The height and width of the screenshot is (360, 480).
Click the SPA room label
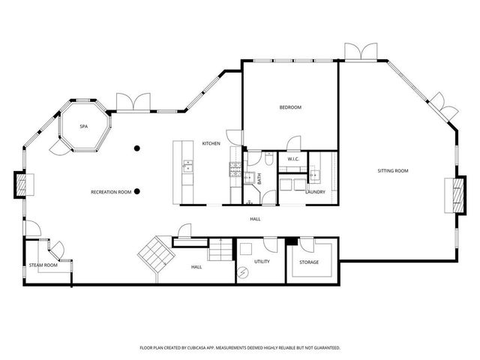pyautogui.click(x=84, y=127)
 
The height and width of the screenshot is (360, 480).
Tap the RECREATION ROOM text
pyautogui.click(x=111, y=192)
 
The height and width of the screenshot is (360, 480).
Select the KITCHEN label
pyautogui.click(x=211, y=143)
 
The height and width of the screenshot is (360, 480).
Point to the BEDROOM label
pyautogui.click(x=290, y=108)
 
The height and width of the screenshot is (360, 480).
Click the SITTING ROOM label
pyautogui.click(x=392, y=172)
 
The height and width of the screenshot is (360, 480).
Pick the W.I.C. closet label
pyautogui.click(x=293, y=159)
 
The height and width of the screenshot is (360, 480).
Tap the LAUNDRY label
pyautogui.click(x=315, y=191)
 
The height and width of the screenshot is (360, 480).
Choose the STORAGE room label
pyautogui.click(x=308, y=262)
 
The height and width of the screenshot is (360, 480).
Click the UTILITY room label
pyautogui.click(x=262, y=262)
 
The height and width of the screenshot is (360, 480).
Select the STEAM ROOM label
pyautogui.click(x=43, y=265)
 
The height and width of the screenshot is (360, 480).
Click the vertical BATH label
pyautogui.click(x=259, y=179)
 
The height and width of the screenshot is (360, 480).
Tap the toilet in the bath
pyautogui.click(x=268, y=159)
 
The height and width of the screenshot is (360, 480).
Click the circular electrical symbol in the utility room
pyautogui.click(x=243, y=272)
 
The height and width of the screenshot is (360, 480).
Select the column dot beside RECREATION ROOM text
pyautogui.click(x=137, y=192)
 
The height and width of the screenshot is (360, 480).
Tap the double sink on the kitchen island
pyautogui.click(x=187, y=167)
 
